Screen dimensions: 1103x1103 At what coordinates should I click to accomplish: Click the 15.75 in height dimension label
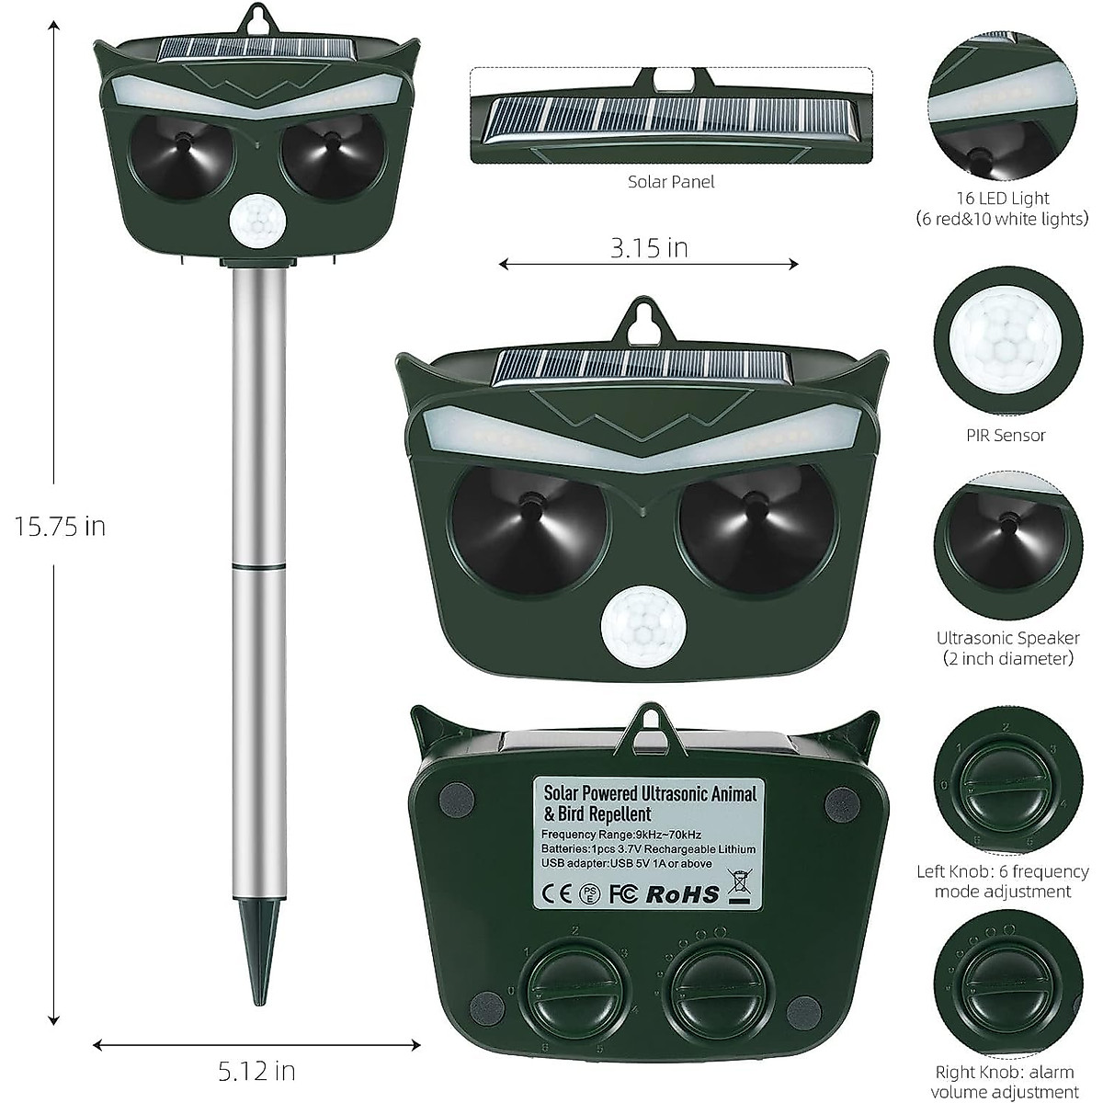[x=60, y=526]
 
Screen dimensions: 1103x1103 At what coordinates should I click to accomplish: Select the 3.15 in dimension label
[x=649, y=248]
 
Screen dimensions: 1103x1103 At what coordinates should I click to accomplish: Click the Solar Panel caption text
[x=671, y=182]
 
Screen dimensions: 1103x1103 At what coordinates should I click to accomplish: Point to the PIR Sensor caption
[x=1006, y=436]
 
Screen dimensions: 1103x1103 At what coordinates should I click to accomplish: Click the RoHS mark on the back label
[x=683, y=894]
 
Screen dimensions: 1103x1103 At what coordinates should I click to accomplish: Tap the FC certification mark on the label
[x=623, y=894]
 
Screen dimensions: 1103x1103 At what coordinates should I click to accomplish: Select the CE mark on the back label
[x=556, y=894]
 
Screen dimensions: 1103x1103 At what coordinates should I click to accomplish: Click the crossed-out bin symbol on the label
[x=740, y=888]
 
